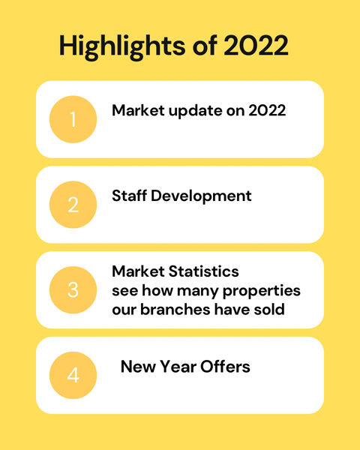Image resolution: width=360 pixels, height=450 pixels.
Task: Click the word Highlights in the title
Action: coord(120,46)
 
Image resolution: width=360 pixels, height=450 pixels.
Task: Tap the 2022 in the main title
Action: coord(256,46)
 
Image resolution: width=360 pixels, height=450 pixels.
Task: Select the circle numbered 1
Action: coord(73,119)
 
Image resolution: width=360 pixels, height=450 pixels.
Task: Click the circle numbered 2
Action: coord(73,205)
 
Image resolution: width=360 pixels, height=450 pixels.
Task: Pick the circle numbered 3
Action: coord(73,289)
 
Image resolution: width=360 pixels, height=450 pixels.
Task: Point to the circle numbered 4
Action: coord(73,375)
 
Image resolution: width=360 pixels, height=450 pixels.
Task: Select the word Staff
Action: coord(130,196)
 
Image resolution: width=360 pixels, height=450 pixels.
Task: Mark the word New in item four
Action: coord(137,367)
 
